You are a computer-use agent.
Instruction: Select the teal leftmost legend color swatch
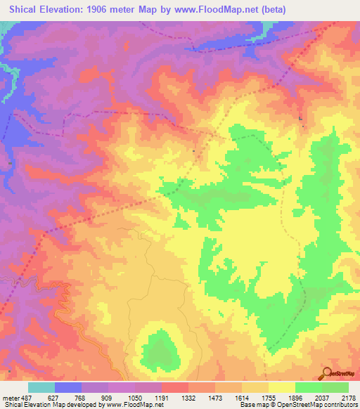click(x=41, y=387)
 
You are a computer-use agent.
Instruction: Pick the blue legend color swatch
click(x=68, y=387)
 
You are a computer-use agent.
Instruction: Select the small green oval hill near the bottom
click(x=160, y=349)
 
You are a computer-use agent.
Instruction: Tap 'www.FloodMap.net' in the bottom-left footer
click(x=131, y=405)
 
